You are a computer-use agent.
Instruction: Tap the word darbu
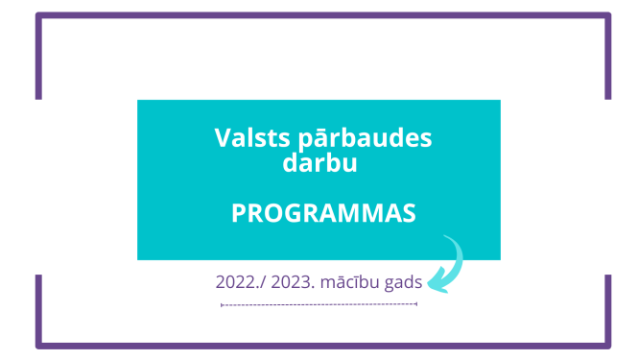[x=319, y=164]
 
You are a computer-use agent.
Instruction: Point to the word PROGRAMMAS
[x=323, y=213]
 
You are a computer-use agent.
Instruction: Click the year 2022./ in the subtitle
[x=240, y=284]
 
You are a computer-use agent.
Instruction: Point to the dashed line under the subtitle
[x=319, y=304]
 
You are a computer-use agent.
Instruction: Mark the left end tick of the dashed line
[x=222, y=304]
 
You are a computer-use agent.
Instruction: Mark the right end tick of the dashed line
[x=416, y=304]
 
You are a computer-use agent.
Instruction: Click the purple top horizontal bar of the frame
[x=323, y=15]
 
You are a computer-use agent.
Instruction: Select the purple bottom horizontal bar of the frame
[x=323, y=346]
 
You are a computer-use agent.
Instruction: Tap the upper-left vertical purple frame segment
[x=38, y=58]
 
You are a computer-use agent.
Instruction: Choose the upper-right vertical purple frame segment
[x=608, y=58]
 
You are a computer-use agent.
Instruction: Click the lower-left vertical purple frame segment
[x=38, y=309]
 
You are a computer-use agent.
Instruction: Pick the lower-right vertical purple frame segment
[x=608, y=309]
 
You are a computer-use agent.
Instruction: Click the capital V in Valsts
[x=222, y=137]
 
